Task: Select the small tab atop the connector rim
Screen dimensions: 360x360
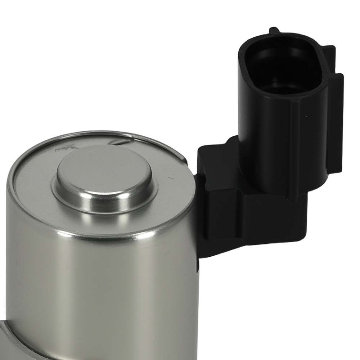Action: pyautogui.click(x=274, y=30)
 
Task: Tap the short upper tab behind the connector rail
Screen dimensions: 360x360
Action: pyautogui.click(x=328, y=54)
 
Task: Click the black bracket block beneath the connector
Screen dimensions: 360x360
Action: pyautogui.click(x=248, y=216)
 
